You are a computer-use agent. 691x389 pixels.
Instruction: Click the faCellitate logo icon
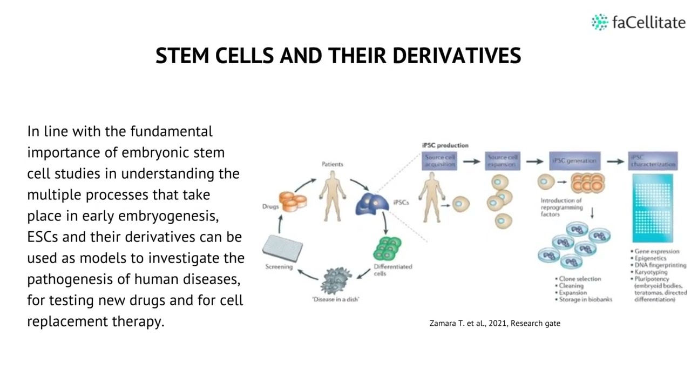click(x=599, y=22)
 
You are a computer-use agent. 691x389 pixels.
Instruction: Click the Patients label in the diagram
click(x=332, y=164)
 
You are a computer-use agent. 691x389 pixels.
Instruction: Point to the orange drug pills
click(x=293, y=202)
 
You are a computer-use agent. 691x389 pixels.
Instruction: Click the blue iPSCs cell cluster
click(x=372, y=204)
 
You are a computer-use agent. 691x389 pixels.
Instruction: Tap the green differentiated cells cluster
click(x=387, y=249)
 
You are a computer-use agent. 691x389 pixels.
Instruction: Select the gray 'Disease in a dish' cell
click(x=336, y=280)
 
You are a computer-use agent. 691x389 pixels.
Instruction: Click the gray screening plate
click(x=282, y=248)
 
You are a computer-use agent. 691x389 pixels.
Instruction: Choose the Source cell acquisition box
click(x=439, y=160)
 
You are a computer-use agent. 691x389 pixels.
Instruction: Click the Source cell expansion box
click(x=503, y=160)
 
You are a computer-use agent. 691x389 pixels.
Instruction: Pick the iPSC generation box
click(x=574, y=160)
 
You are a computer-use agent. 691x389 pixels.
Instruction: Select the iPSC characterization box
click(x=653, y=160)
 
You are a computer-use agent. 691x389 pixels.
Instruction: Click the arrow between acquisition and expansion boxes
click(x=471, y=161)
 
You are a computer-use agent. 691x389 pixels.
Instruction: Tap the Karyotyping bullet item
click(x=651, y=272)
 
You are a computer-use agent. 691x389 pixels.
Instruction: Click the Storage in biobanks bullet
click(x=585, y=299)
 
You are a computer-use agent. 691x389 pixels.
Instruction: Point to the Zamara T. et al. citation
click(x=494, y=323)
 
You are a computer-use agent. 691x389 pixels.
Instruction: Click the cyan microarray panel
click(x=653, y=208)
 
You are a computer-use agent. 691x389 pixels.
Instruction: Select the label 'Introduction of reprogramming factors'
click(x=561, y=207)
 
